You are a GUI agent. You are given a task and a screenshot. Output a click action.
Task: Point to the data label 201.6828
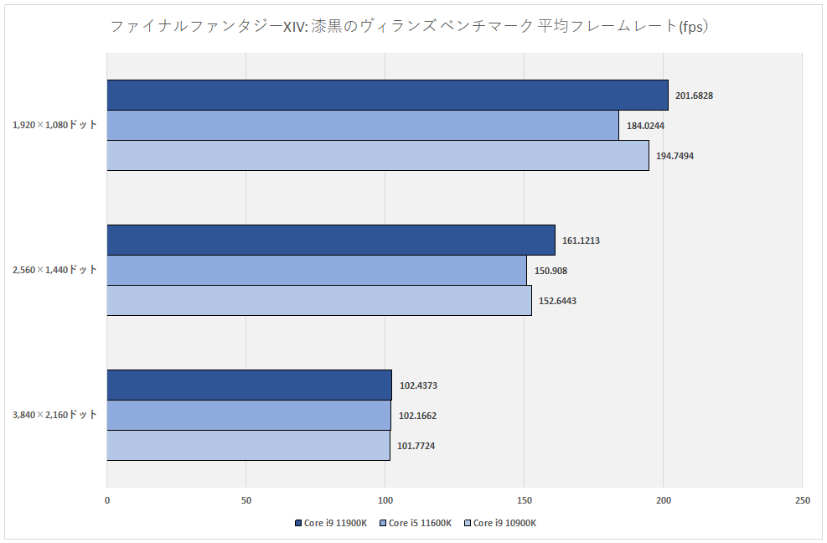click(x=695, y=96)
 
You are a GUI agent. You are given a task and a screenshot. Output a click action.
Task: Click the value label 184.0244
click(x=645, y=126)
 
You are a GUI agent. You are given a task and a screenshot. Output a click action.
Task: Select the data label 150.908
click(x=550, y=271)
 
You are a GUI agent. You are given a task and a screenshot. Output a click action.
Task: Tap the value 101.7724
click(x=417, y=446)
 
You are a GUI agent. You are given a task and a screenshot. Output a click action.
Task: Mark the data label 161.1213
click(x=581, y=240)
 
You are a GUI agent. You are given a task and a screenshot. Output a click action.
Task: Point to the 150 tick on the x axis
click(x=524, y=501)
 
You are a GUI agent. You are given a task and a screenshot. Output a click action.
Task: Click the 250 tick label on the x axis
click(x=802, y=501)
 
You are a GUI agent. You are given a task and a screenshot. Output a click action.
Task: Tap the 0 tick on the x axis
click(x=107, y=501)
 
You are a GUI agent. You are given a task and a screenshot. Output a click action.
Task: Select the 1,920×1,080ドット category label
click(x=54, y=125)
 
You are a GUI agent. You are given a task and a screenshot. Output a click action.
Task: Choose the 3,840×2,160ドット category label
click(x=54, y=415)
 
